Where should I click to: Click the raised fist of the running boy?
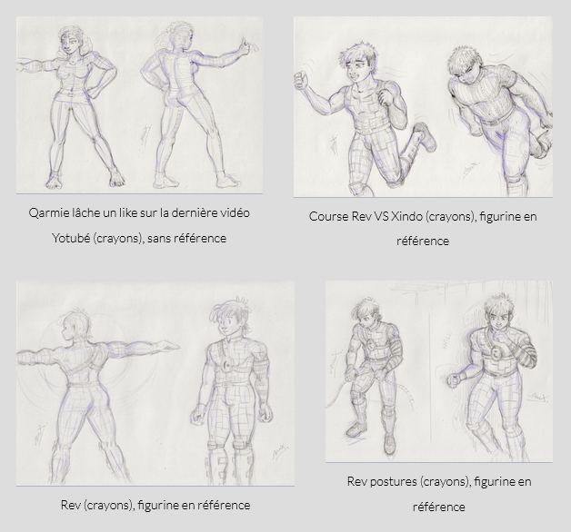point(301,79)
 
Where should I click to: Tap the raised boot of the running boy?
point(426,136)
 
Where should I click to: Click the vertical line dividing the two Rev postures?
point(430,379)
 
